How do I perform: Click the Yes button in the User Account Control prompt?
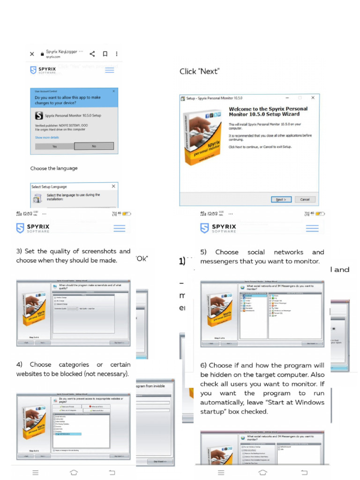(54, 146)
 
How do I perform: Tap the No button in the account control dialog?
(94, 146)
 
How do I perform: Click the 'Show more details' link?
(47, 137)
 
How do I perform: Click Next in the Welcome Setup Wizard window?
(281, 199)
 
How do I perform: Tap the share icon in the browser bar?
(92, 54)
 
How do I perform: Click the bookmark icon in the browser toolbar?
(105, 54)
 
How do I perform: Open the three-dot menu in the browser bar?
(117, 54)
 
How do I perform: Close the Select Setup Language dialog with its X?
(113, 186)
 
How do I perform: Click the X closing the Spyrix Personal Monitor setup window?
(313, 98)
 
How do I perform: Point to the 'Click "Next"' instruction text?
(199, 71)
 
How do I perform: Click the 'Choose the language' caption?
(54, 168)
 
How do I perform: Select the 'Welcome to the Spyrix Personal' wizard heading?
(268, 109)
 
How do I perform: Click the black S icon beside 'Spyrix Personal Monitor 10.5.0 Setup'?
(39, 115)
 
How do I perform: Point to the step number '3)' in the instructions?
(19, 251)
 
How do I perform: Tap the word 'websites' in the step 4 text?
(30, 374)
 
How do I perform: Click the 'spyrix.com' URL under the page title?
(53, 57)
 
